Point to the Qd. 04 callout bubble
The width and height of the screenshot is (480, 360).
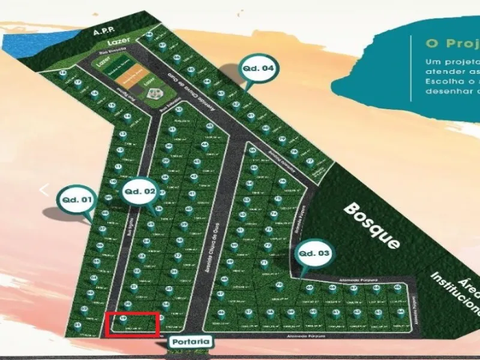pos(258,68)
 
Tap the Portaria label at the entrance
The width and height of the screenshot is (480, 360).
pos(190,342)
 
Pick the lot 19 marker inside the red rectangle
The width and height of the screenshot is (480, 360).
pos(124,319)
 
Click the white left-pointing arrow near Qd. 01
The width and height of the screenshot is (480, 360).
pos(43,190)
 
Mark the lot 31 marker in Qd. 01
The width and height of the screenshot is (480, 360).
pos(77,326)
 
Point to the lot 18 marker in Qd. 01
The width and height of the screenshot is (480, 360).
pos(64,73)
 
